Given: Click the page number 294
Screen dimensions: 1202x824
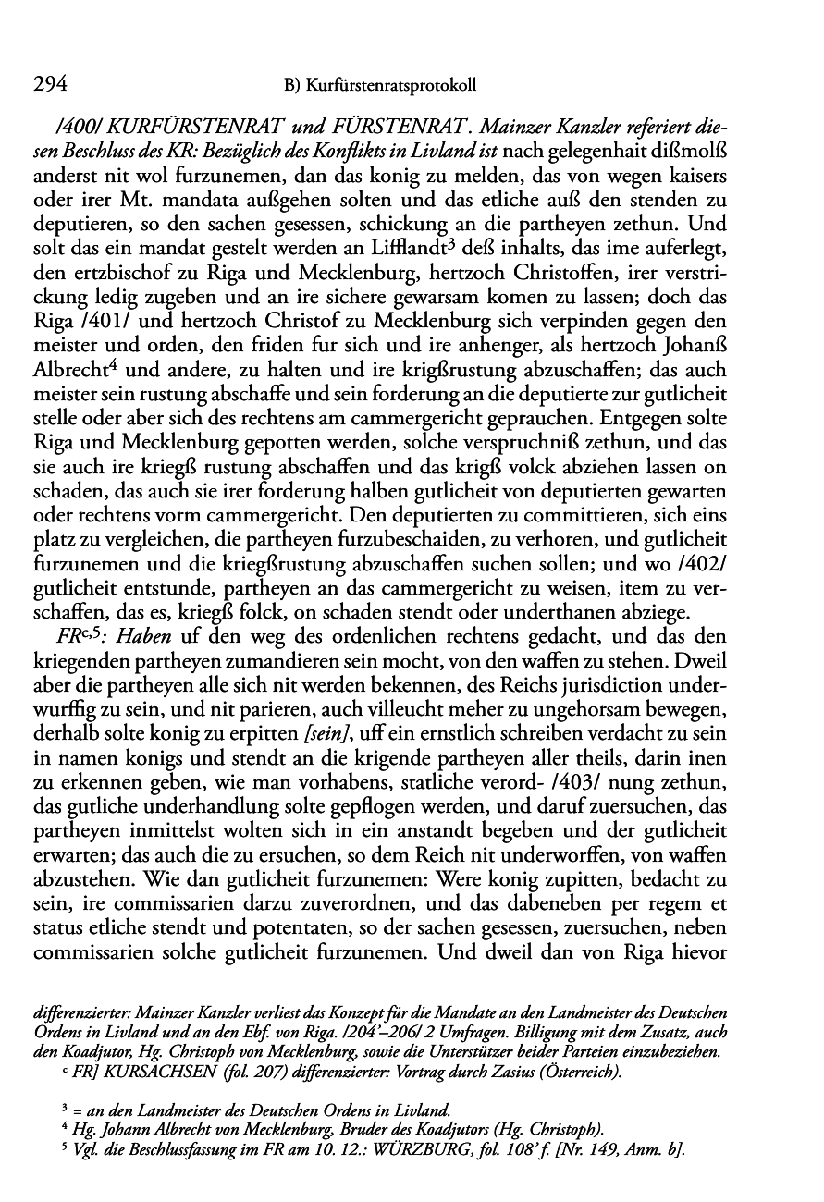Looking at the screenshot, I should click(49, 84).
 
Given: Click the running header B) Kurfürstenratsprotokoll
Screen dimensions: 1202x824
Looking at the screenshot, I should click(380, 85).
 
